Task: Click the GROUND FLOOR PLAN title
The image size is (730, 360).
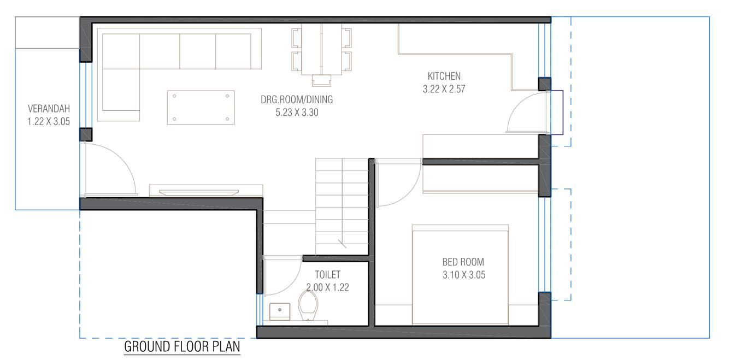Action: (x=182, y=347)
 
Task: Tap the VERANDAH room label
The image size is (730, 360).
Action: (x=49, y=109)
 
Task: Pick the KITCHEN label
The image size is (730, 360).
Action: (x=444, y=76)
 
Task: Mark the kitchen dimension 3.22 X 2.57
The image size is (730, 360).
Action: (x=444, y=89)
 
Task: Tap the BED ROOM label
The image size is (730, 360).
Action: (x=463, y=262)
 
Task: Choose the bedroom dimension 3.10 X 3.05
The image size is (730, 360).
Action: (x=463, y=275)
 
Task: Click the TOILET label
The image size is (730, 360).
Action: (x=327, y=274)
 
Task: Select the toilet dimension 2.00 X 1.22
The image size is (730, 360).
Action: (x=327, y=286)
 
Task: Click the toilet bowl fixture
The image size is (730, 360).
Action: (x=308, y=304)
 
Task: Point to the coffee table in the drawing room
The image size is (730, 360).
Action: (x=201, y=107)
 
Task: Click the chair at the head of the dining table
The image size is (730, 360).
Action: (x=321, y=80)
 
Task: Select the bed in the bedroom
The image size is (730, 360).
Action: (x=460, y=276)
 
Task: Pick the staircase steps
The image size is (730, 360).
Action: (x=342, y=202)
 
